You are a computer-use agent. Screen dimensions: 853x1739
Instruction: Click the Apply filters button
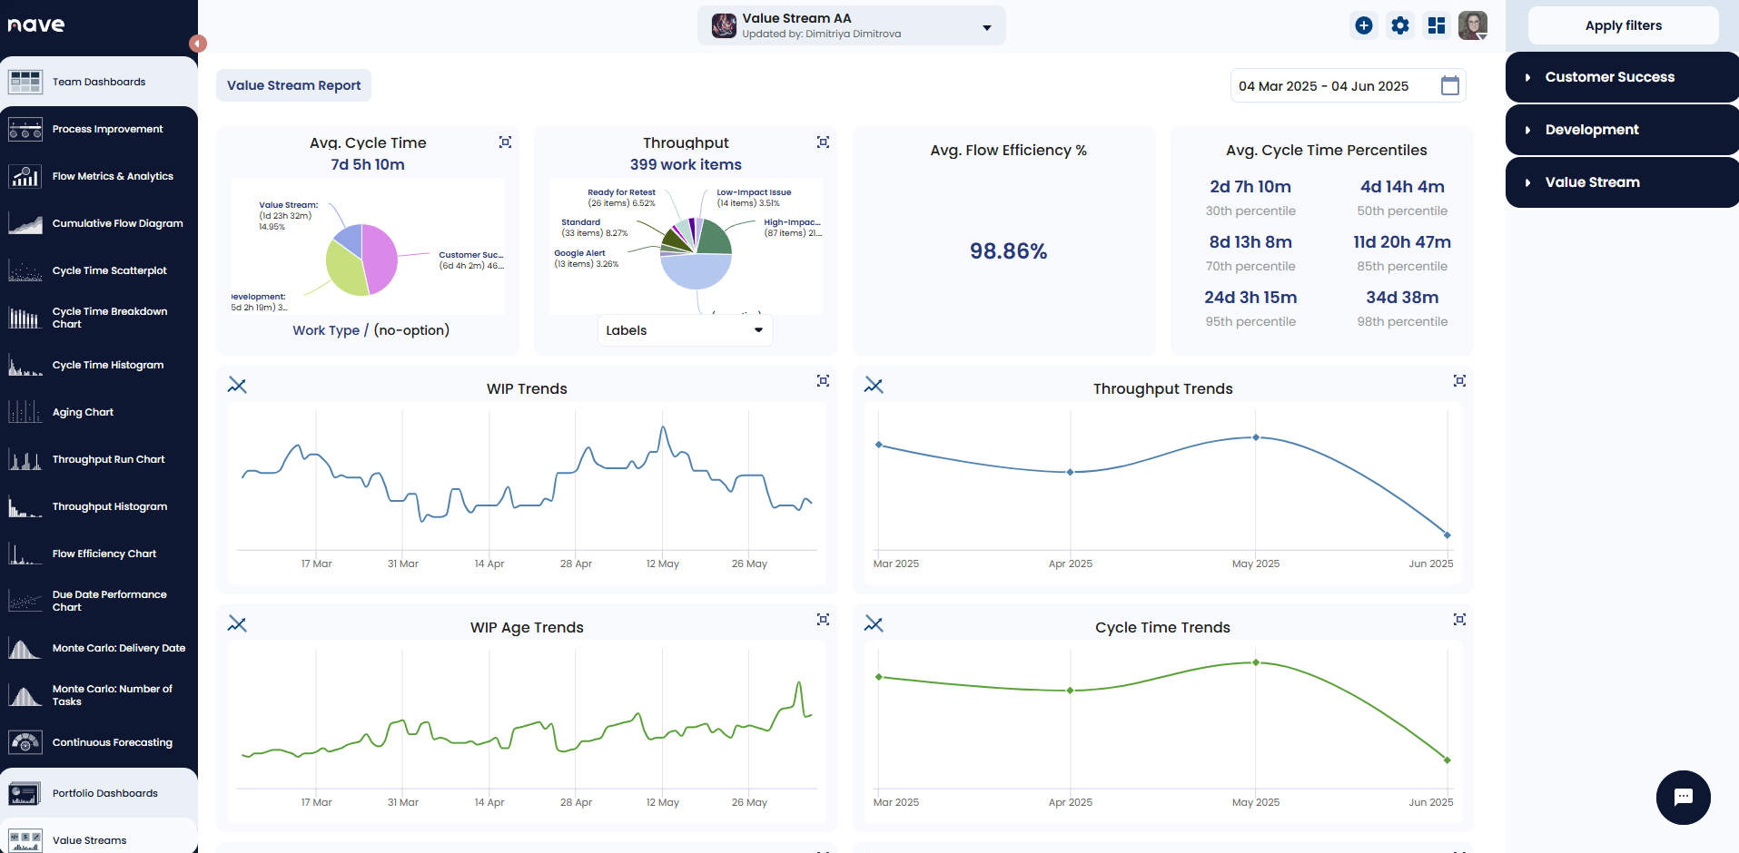coord(1623,25)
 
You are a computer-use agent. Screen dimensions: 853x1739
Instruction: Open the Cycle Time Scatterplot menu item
coord(109,270)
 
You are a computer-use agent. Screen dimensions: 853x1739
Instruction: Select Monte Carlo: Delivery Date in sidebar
coord(118,648)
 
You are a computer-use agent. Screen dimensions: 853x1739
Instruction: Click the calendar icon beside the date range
coord(1450,86)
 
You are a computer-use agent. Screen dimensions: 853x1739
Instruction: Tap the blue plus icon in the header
coord(1364,25)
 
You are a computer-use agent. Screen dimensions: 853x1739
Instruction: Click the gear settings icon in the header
coord(1400,25)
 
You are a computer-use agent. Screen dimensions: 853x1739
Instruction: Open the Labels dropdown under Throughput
coord(685,330)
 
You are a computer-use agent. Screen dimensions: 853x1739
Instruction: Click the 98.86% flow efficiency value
coord(1008,251)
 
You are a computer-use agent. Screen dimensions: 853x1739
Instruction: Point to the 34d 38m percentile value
coord(1402,298)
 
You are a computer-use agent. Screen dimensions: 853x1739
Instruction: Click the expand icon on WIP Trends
coord(823,381)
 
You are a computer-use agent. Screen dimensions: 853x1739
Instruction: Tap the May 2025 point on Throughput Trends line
coord(1256,437)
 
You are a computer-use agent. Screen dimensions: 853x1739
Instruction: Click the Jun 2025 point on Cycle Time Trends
coord(1447,760)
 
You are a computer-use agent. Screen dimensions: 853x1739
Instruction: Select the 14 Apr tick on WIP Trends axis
coord(489,564)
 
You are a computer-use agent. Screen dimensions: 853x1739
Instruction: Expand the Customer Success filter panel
coord(1609,77)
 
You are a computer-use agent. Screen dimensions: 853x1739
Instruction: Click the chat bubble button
coord(1683,797)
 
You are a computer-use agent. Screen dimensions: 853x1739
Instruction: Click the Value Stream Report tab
coord(293,85)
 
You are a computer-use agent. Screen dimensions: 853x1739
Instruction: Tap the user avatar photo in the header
coord(1472,25)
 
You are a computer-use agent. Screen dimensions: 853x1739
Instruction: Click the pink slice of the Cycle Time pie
coord(380,257)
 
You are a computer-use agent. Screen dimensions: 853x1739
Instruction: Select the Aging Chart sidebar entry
coord(83,412)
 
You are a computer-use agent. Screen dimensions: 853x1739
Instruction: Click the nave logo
coord(36,25)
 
